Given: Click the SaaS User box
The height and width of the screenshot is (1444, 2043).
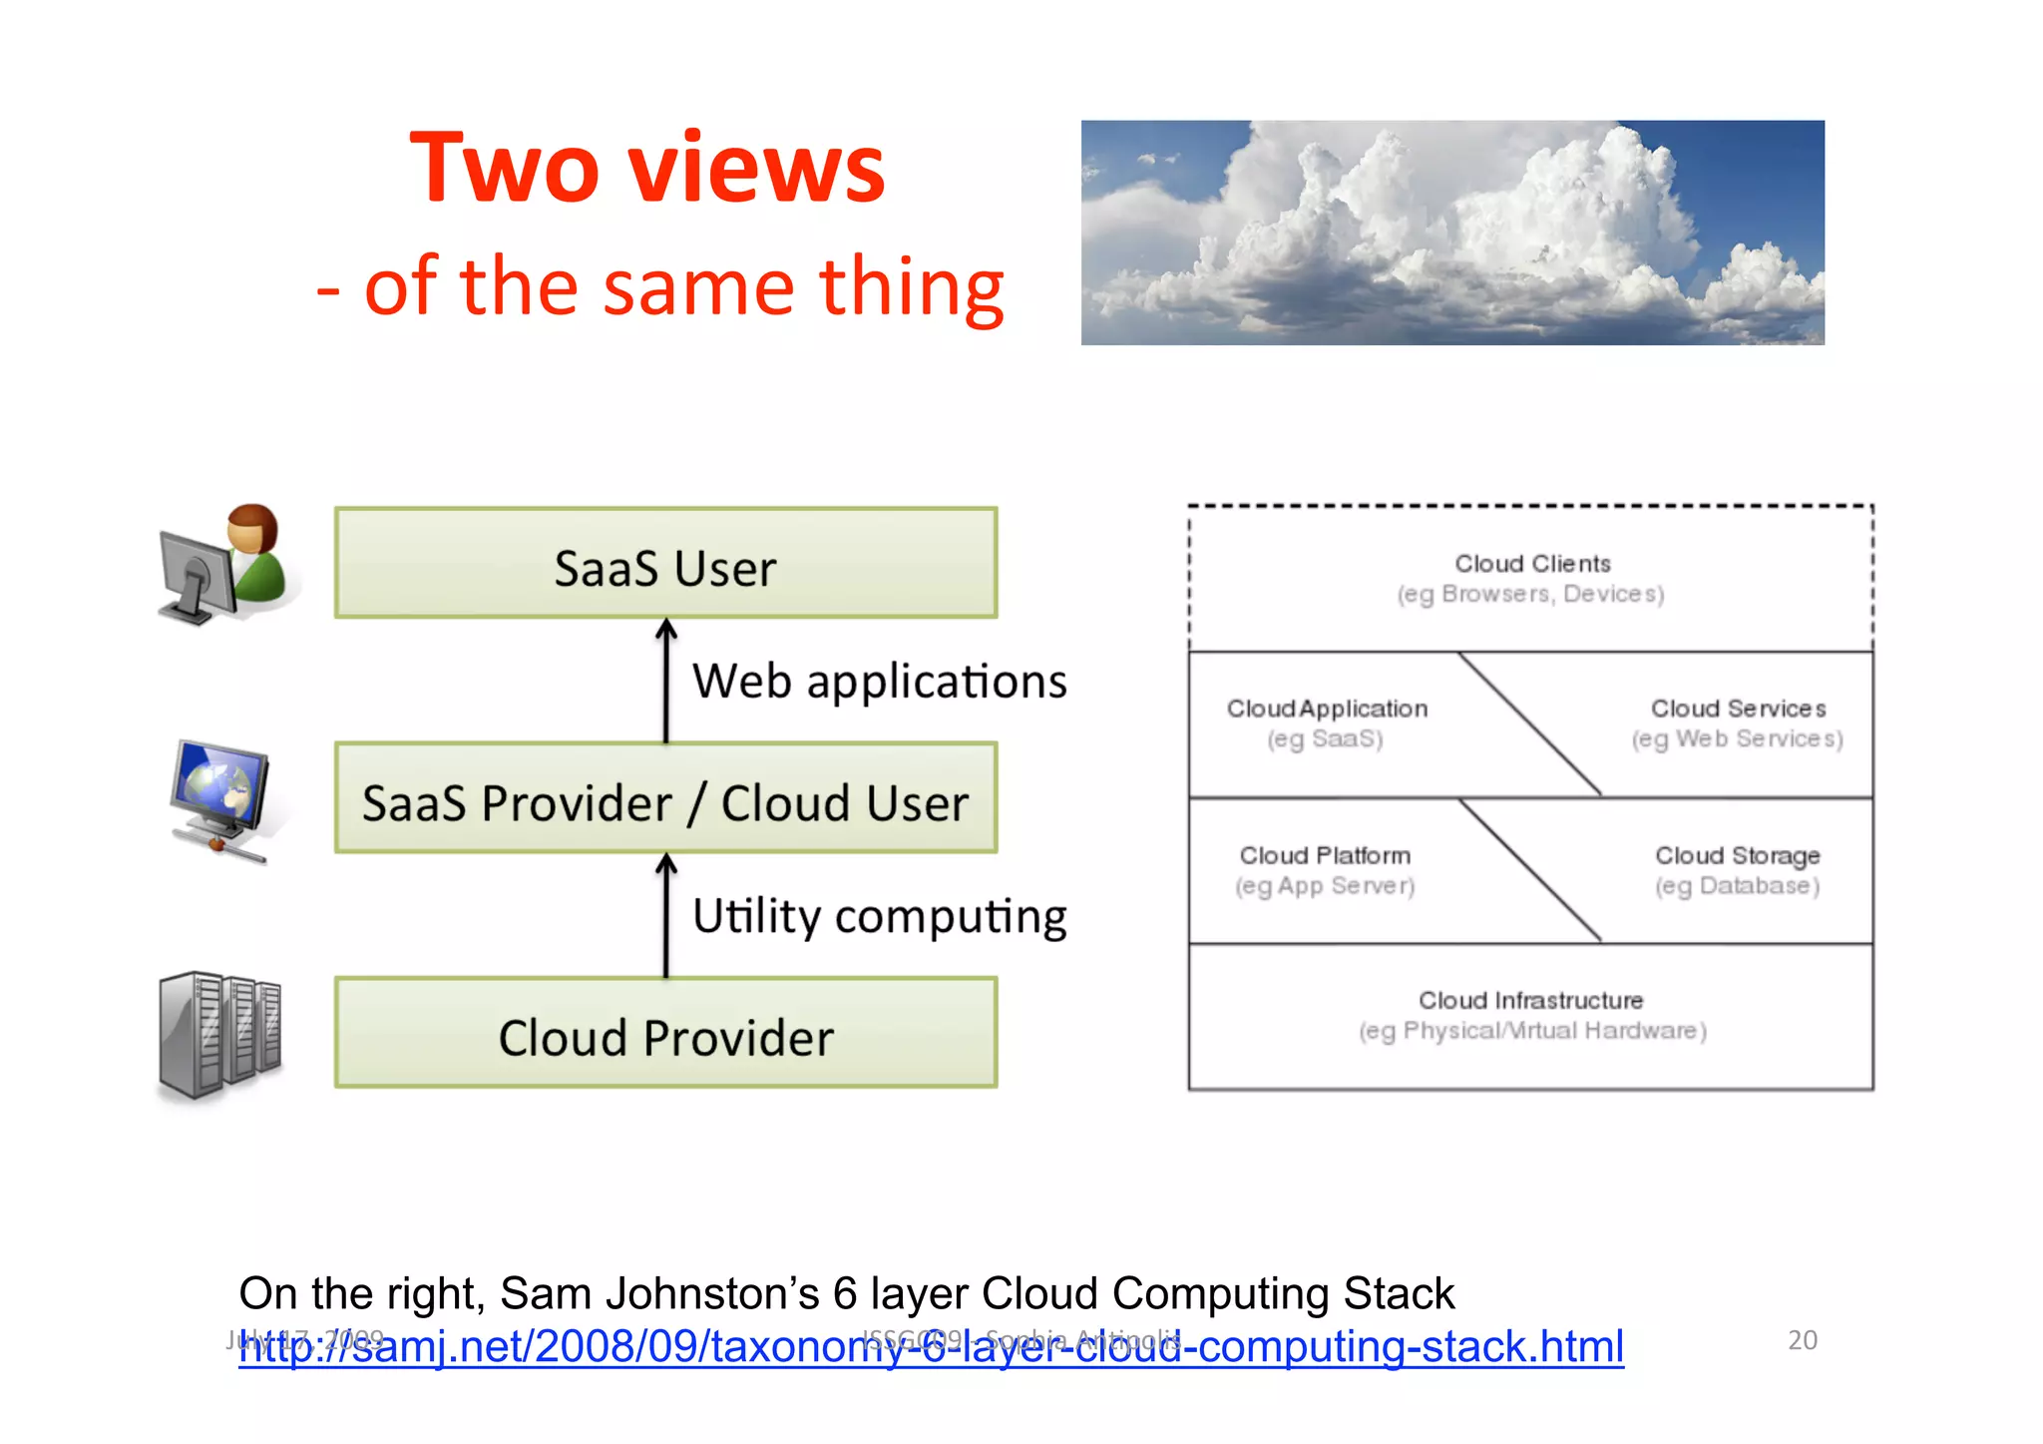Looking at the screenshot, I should [x=665, y=564].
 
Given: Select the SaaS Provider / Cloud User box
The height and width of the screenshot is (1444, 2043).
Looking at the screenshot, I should [x=665, y=799].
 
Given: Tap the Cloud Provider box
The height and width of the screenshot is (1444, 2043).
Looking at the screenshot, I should [x=665, y=1034].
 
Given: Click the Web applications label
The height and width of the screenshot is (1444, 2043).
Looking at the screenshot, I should [x=879, y=682].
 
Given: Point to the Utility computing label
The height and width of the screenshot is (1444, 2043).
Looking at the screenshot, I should [x=879, y=916].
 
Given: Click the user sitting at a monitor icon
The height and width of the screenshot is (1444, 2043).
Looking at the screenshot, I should [x=223, y=565].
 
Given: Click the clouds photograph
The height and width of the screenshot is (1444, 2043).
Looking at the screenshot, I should [x=1452, y=233].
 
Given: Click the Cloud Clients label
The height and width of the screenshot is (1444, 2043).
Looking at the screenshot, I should [x=1531, y=565].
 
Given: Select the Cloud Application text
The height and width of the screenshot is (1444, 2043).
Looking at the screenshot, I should [x=1327, y=710].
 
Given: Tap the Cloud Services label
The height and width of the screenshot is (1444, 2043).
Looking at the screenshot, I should [x=1738, y=710].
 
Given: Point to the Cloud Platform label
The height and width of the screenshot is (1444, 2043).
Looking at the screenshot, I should [x=1325, y=856].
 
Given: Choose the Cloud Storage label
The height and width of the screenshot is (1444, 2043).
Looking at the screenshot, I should [x=1737, y=856].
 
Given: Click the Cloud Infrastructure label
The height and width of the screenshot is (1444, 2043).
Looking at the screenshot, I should [x=1530, y=1001].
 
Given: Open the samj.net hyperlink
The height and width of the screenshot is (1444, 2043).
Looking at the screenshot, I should [x=931, y=1347].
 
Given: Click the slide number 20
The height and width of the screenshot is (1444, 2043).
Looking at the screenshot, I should [x=1802, y=1340].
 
